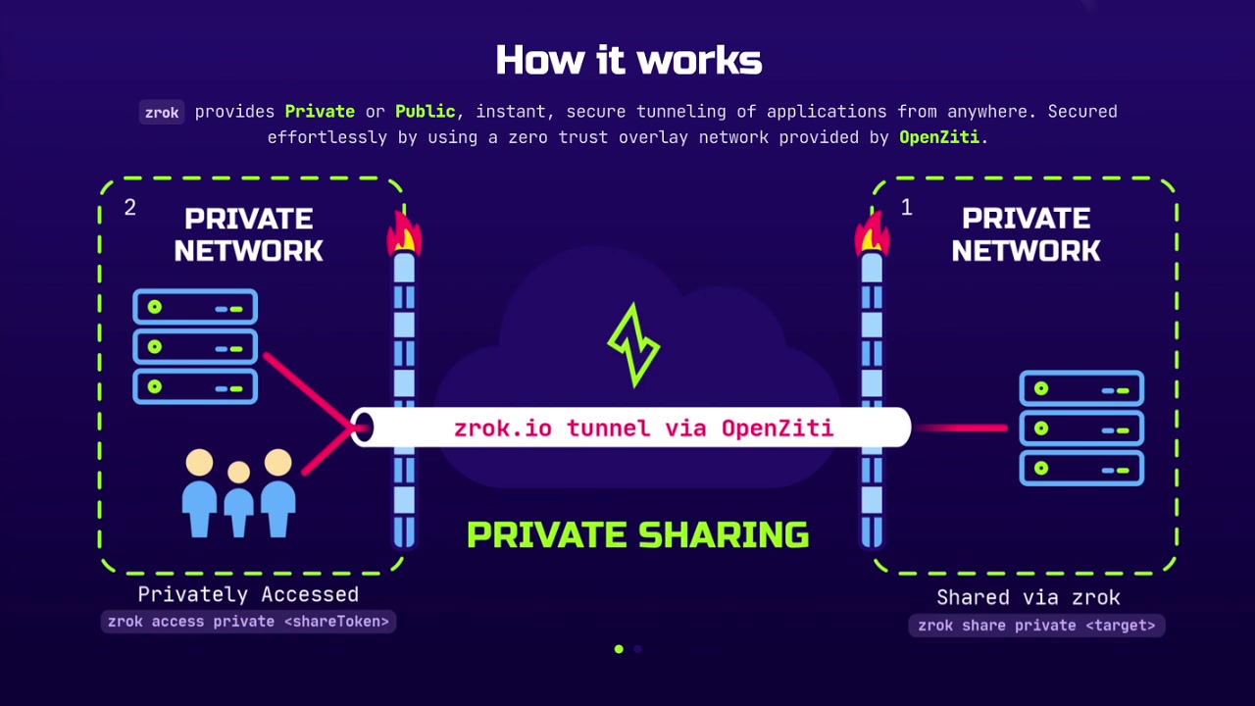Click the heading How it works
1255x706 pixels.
[628, 61]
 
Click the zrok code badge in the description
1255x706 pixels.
[162, 112]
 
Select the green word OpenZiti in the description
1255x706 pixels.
[938, 137]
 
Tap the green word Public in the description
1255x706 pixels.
[425, 112]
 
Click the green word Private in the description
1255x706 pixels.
[320, 112]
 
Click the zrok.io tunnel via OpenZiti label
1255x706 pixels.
[643, 428]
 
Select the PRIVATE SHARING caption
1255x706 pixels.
[637, 535]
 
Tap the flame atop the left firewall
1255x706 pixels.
[404, 233]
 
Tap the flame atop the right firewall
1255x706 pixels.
[871, 233]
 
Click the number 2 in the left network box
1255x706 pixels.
[130, 208]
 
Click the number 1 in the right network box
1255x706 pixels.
[906, 208]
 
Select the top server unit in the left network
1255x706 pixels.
[195, 307]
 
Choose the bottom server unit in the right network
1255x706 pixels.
[1081, 468]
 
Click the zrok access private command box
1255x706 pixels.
[248, 622]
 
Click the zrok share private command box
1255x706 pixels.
[1036, 626]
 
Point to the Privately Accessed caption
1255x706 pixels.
[248, 594]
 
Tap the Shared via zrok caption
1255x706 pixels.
[1028, 597]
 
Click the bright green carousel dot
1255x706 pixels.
[619, 649]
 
